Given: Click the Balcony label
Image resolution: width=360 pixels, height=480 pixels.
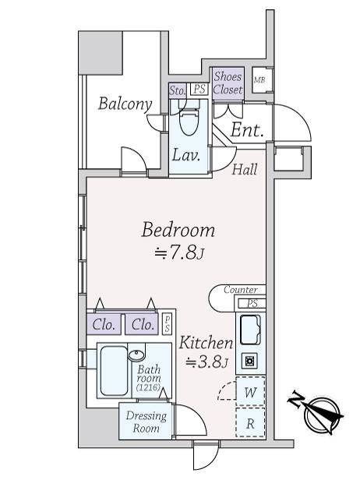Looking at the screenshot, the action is pyautogui.click(x=125, y=104).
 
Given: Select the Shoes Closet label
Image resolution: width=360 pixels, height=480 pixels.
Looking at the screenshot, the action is pyautogui.click(x=228, y=83).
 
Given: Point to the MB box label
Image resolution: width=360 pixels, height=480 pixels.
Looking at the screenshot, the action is pyautogui.click(x=259, y=80).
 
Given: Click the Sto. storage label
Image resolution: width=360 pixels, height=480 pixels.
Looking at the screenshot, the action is pyautogui.click(x=178, y=90).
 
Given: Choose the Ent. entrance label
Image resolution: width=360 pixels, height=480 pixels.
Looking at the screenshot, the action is pyautogui.click(x=247, y=130).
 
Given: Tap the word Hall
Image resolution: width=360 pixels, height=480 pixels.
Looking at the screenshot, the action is pyautogui.click(x=245, y=169).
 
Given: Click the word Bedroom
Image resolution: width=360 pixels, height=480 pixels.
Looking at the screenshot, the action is pyautogui.click(x=178, y=230).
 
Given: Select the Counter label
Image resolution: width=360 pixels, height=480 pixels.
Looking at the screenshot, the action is pyautogui.click(x=240, y=289).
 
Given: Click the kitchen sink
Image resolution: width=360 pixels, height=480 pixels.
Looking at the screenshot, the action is pyautogui.click(x=250, y=330).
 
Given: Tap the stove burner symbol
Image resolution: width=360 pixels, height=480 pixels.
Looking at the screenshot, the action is pyautogui.click(x=249, y=361).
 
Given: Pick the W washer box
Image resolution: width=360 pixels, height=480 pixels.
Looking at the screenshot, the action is pyautogui.click(x=250, y=392).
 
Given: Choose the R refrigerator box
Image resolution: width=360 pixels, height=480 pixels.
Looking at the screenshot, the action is pyautogui.click(x=250, y=422).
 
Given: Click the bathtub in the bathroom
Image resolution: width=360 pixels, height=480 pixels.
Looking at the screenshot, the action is pyautogui.click(x=114, y=371).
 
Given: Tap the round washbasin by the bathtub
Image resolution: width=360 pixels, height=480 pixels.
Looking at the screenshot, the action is pyautogui.click(x=136, y=355).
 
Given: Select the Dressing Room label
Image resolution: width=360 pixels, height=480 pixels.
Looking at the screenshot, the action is pyautogui.click(x=146, y=422).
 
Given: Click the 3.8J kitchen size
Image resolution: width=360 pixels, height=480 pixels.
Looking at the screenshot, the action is pyautogui.click(x=207, y=362).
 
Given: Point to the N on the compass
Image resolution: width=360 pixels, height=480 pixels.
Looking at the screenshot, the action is pyautogui.click(x=296, y=400).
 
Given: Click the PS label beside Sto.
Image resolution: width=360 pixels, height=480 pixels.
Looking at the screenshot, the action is pyautogui.click(x=199, y=90).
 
